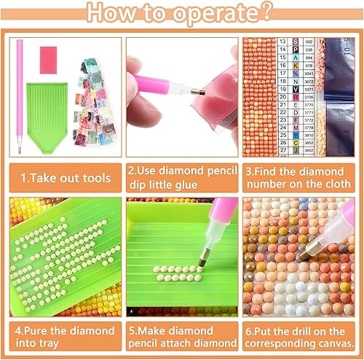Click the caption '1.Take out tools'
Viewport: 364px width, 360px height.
66,177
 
